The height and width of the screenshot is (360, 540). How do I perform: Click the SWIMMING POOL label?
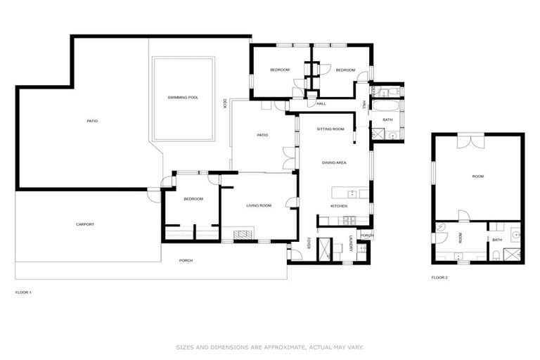coord(183,97)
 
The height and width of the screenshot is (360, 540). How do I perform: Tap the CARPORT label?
coord(85,224)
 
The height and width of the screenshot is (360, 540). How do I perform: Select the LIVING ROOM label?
coord(259,205)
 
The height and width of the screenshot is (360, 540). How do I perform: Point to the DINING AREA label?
coord(334,162)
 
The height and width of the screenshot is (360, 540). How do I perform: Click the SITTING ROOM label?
coord(330,129)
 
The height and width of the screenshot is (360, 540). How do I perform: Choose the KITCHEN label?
coord(339,205)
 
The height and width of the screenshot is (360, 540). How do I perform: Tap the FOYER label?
coord(309,243)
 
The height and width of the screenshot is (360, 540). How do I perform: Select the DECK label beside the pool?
coord(224,103)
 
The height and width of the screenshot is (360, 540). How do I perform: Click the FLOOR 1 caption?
coord(23,291)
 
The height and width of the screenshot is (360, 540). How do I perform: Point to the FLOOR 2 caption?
coord(439,277)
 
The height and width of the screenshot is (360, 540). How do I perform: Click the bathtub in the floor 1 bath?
coord(386,107)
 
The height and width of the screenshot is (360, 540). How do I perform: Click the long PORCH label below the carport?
coord(186,260)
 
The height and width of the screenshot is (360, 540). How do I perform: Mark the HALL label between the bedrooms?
coord(321,104)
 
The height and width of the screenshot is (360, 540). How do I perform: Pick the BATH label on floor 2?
coord(496,240)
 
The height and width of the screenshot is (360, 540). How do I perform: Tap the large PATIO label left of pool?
coord(92,121)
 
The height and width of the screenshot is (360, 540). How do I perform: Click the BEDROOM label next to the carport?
coord(193,199)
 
